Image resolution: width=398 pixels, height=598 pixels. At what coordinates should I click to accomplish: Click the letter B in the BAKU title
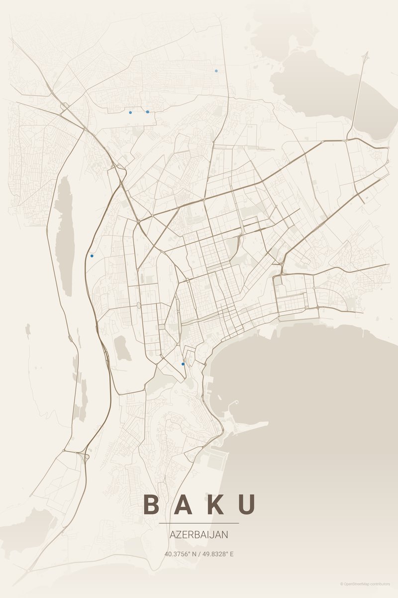(152, 504)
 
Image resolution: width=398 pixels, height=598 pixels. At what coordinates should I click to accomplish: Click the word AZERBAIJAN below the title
(199, 535)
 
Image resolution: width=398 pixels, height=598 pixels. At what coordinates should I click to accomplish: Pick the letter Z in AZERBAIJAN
(178, 535)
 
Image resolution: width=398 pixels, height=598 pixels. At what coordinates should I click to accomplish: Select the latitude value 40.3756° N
(181, 554)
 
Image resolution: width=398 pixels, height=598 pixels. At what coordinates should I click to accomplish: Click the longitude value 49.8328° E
(217, 554)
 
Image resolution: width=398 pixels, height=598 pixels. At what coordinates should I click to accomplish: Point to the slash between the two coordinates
(199, 554)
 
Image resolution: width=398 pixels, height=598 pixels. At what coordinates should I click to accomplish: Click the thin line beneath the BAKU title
(199, 523)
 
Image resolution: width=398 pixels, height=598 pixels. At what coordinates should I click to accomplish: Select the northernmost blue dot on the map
(216, 71)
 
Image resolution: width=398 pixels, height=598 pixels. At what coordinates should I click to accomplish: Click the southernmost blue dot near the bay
(183, 364)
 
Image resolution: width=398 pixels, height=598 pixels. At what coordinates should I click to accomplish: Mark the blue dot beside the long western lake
(92, 256)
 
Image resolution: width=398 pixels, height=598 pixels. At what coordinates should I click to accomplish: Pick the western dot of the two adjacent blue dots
(130, 112)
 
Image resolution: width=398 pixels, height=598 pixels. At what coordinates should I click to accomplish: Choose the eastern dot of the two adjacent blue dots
(148, 112)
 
